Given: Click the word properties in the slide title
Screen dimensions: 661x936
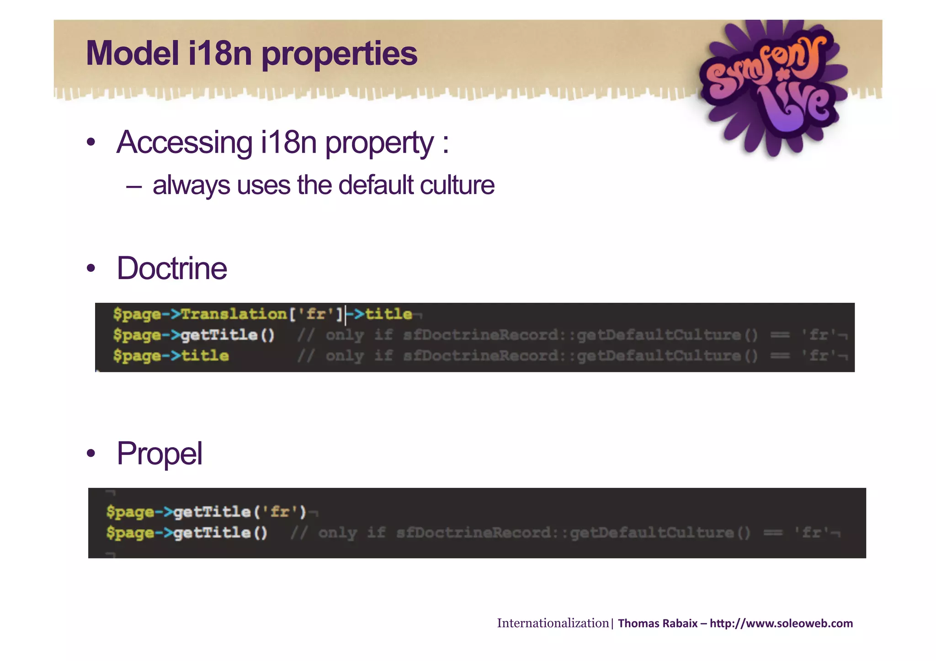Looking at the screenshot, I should (x=339, y=54).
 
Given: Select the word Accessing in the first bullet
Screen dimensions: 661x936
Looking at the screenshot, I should (x=184, y=143).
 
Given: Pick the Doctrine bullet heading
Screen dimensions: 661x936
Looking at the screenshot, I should (x=172, y=268).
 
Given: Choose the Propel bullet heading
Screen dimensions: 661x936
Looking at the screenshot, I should (x=160, y=454).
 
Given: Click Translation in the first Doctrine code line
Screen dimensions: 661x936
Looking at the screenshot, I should (x=234, y=314).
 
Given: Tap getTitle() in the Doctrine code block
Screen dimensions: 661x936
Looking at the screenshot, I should (x=228, y=335).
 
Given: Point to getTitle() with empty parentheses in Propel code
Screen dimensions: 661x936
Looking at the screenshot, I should (x=220, y=533).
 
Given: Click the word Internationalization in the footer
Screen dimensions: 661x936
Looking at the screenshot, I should (x=553, y=623).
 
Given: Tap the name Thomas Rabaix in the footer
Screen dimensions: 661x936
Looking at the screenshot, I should (x=657, y=624).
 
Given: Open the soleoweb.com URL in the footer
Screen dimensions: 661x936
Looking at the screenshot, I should (x=781, y=624).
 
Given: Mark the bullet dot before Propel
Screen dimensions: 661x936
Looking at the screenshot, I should (x=91, y=454).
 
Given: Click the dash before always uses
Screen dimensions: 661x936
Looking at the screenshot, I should (x=133, y=186).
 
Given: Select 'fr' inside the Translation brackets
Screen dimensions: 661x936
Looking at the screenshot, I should (x=316, y=314).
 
